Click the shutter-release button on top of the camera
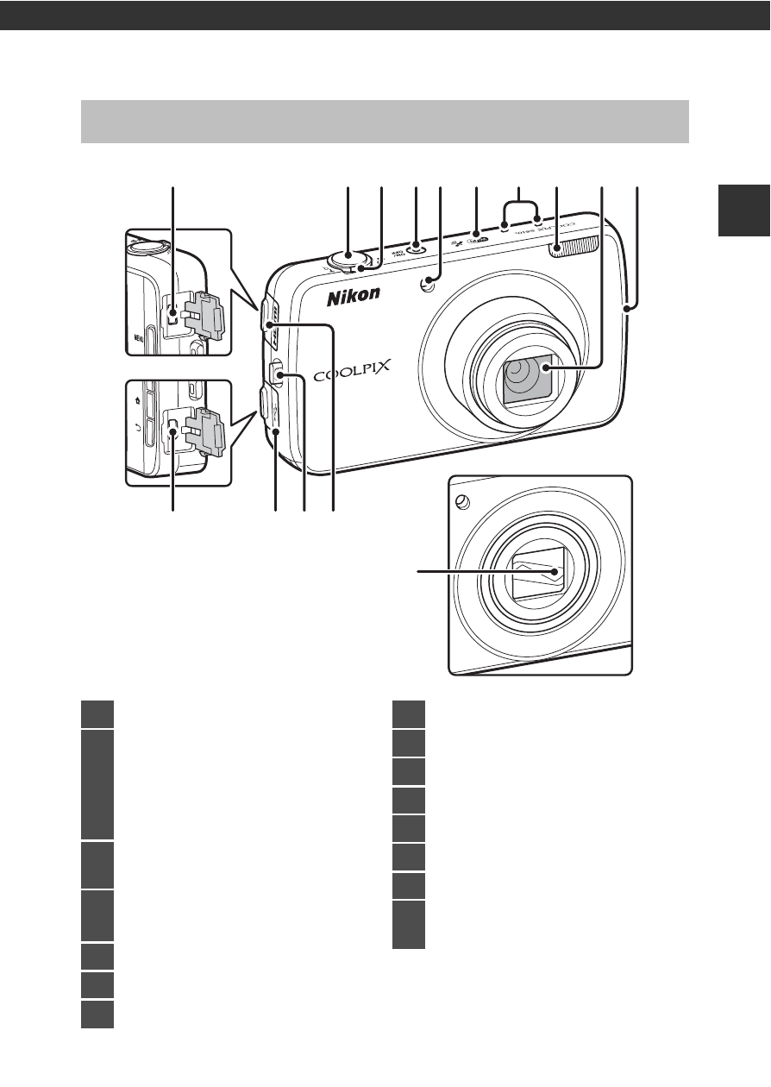[x=348, y=255]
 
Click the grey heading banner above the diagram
[x=385, y=122]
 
